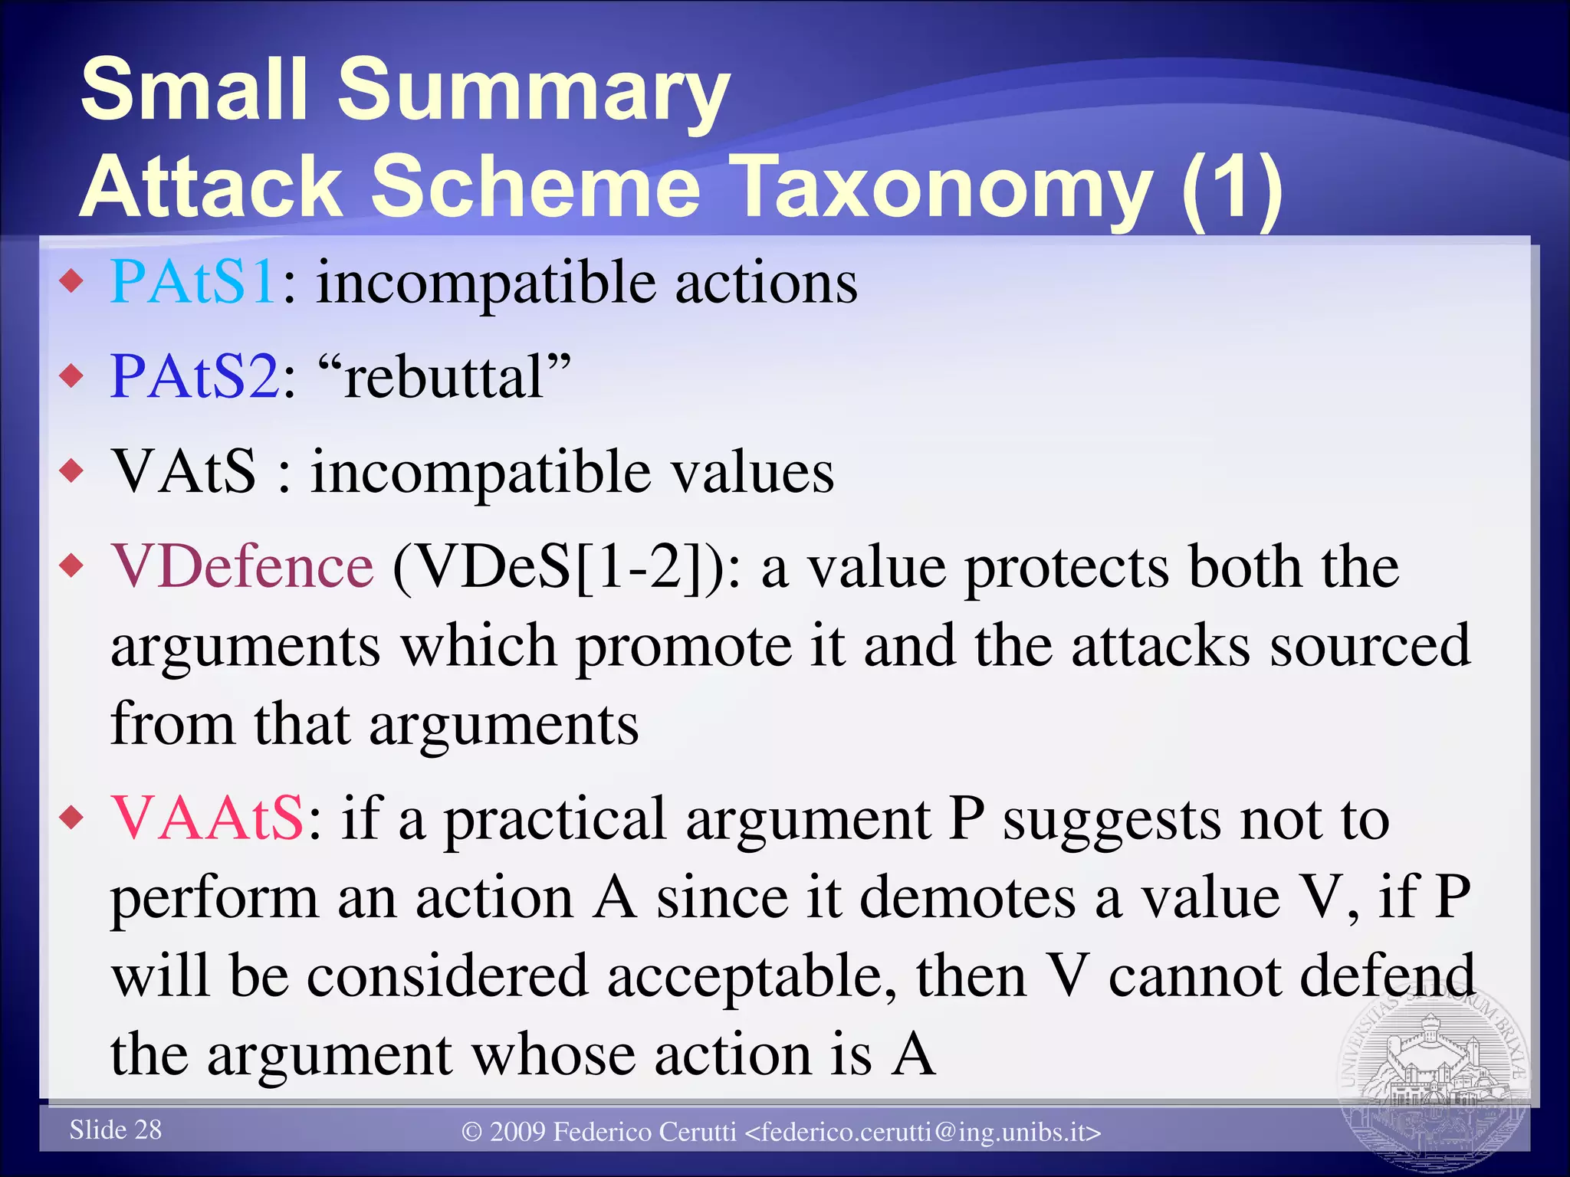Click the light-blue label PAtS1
[x=193, y=283]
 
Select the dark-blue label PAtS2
[x=195, y=377]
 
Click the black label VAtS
[x=184, y=471]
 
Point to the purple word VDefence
[x=242, y=567]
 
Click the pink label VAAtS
[x=207, y=819]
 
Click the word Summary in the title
[x=534, y=90]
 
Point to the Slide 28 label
[x=116, y=1129]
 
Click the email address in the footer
[x=923, y=1132]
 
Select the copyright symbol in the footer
[x=472, y=1132]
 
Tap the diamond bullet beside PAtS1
[x=72, y=282]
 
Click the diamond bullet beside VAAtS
[x=72, y=818]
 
